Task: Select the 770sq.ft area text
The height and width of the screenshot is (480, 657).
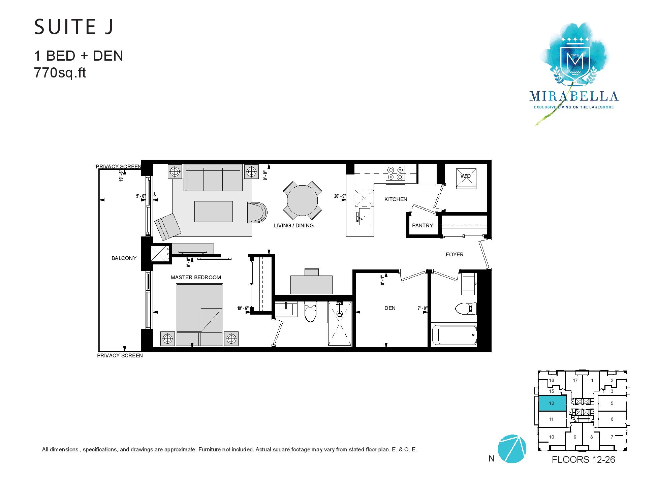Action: click(x=60, y=72)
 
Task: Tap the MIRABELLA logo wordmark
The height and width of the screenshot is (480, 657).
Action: click(x=574, y=96)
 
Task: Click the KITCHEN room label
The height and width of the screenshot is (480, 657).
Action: click(x=396, y=199)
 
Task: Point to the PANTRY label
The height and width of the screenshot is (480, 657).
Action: click(x=423, y=226)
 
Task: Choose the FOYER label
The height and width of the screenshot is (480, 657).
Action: click(x=455, y=255)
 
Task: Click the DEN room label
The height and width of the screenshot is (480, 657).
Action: click(x=390, y=308)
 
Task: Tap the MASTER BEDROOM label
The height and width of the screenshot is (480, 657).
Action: click(x=196, y=278)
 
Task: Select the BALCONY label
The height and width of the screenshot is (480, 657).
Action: click(x=124, y=258)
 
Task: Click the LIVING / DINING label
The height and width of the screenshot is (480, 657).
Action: click(x=294, y=226)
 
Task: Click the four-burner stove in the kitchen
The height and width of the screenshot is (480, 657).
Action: click(x=395, y=173)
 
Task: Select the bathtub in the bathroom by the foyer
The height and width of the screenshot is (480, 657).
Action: click(x=454, y=335)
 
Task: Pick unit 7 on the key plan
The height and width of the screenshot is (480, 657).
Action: click(x=612, y=437)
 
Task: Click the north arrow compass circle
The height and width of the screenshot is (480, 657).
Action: click(x=512, y=449)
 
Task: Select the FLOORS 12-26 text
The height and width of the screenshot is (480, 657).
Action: click(x=583, y=460)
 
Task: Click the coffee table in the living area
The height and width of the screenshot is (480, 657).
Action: click(x=213, y=211)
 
